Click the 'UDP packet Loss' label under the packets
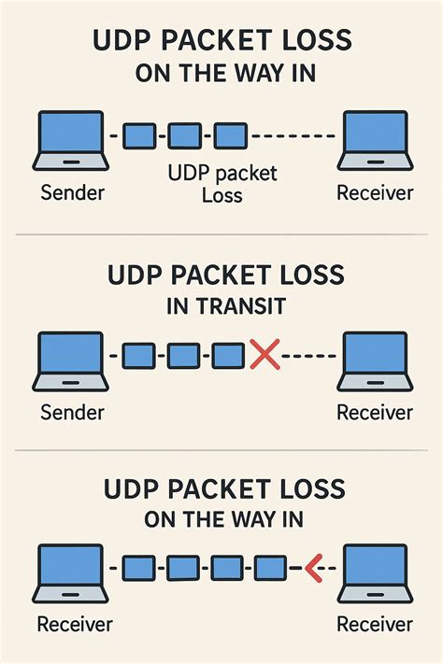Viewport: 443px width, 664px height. (221, 184)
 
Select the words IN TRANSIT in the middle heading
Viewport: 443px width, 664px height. (221, 305)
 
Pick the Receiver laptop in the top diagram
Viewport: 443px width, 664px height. (376, 140)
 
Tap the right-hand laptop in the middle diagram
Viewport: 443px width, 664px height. (376, 360)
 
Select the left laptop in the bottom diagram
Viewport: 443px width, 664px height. (70, 572)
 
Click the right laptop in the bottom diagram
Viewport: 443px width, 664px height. (376, 572)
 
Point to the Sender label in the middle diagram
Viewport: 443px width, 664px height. (72, 412)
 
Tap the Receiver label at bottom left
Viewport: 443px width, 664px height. (74, 624)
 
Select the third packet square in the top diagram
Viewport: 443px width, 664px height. (229, 136)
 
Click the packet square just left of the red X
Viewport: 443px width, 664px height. (228, 355)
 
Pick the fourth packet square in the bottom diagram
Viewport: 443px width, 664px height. (270, 567)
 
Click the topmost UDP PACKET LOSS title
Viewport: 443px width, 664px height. (221, 41)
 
